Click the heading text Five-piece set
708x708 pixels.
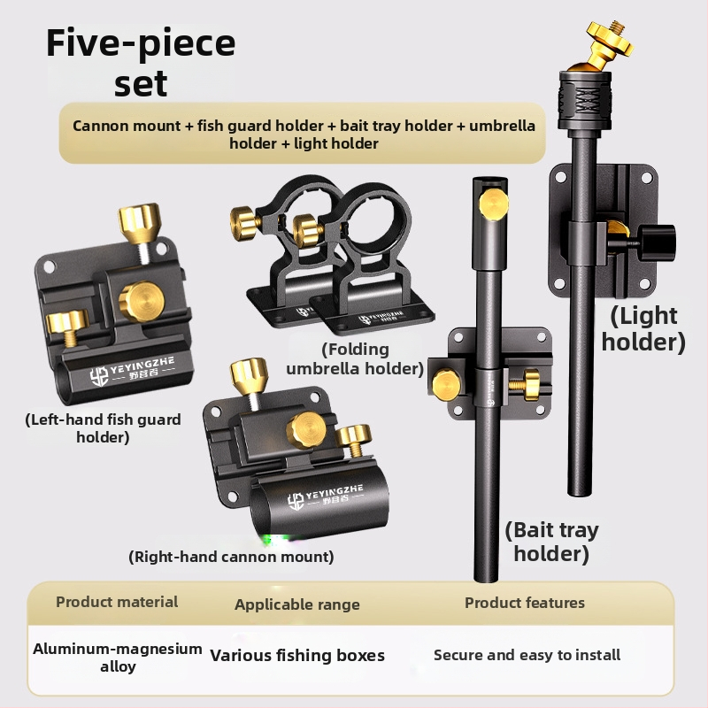(x=141, y=62)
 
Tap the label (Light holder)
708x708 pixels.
(x=643, y=328)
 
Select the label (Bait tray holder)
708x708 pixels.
(x=551, y=542)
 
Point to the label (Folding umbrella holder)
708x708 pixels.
(x=355, y=359)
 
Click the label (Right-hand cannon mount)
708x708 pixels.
(x=231, y=557)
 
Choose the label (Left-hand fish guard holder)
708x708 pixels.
(x=103, y=428)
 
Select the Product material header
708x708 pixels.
(x=117, y=602)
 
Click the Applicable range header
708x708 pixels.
(x=297, y=604)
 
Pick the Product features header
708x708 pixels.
(x=525, y=603)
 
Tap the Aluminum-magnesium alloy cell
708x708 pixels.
(x=118, y=657)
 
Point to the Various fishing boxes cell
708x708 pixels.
(x=297, y=655)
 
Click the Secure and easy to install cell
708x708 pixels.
(x=527, y=655)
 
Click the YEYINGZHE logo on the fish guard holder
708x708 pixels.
(x=131, y=370)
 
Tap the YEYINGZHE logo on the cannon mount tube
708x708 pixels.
(x=325, y=496)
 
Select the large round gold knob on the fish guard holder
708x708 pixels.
(x=142, y=301)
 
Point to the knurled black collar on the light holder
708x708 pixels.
(x=585, y=100)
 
